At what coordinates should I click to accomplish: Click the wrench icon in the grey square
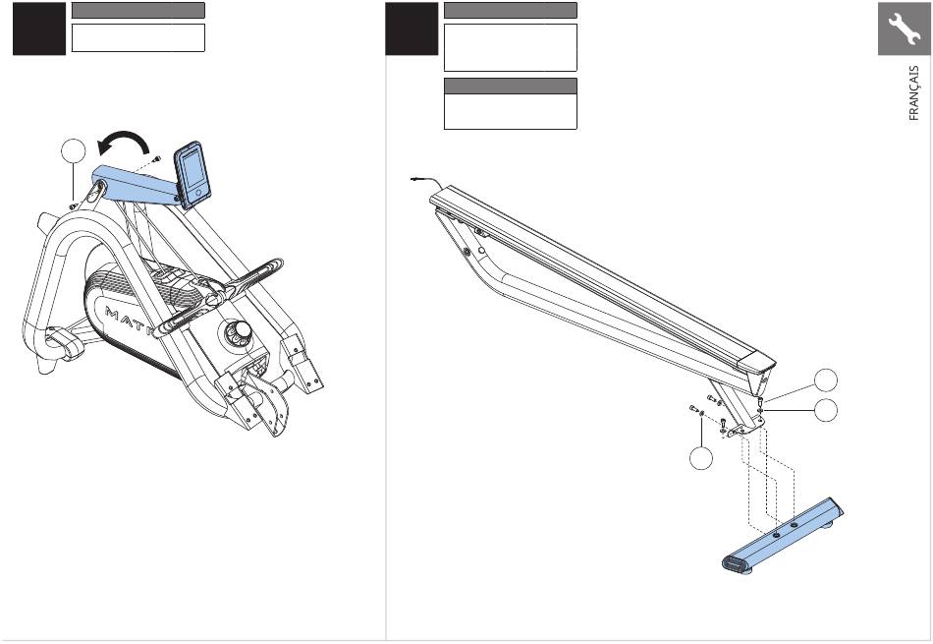(x=904, y=29)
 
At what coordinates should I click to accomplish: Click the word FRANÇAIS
(x=914, y=93)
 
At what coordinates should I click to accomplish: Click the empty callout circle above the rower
(x=74, y=150)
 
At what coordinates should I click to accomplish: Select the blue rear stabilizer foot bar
(x=783, y=535)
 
